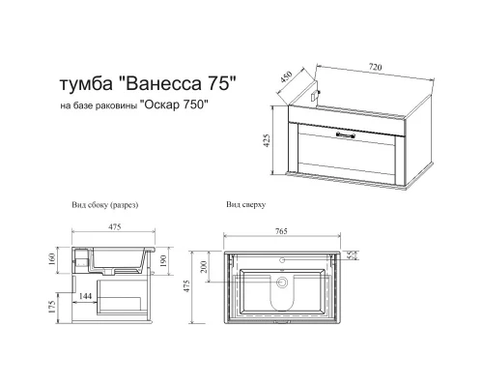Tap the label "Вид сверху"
(x=245, y=206)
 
